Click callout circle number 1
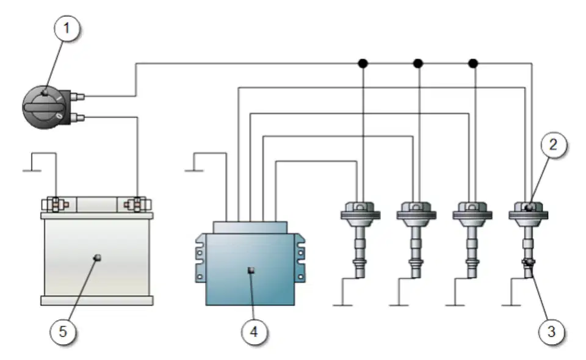[x=67, y=28]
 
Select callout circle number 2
[x=553, y=145]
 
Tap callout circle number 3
[x=551, y=331]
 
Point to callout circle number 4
[x=254, y=331]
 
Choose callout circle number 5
[x=63, y=331]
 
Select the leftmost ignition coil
[x=360, y=239]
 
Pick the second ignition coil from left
[x=416, y=239]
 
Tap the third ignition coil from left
[x=472, y=239]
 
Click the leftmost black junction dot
[x=363, y=63]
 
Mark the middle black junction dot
[x=418, y=63]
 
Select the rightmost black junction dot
[x=473, y=63]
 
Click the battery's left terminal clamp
[x=56, y=204]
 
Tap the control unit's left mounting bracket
[x=201, y=257]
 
